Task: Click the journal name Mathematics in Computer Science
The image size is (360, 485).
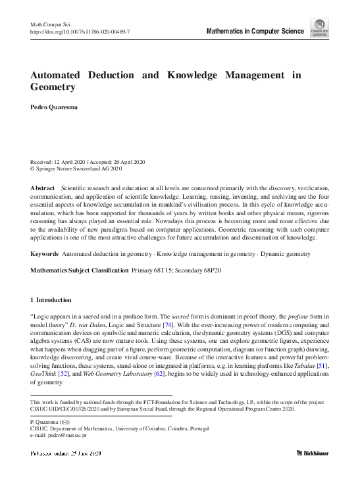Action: click(x=255, y=31)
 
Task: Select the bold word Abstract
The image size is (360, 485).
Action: click(x=43, y=188)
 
